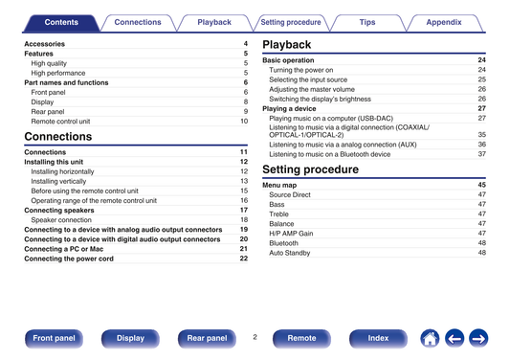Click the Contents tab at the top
61,22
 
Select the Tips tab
367,22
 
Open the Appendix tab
444,22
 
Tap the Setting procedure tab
291,22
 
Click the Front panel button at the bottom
54,339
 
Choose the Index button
378,339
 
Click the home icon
430,339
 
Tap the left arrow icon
455,339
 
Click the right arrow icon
478,339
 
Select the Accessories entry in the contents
45,44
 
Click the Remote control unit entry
60,122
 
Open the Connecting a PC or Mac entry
64,249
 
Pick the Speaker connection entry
61,220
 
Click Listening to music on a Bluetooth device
330,154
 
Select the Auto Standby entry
290,253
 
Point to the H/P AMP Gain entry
291,234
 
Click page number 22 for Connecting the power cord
244,259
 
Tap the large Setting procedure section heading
310,169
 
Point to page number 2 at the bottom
255,337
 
